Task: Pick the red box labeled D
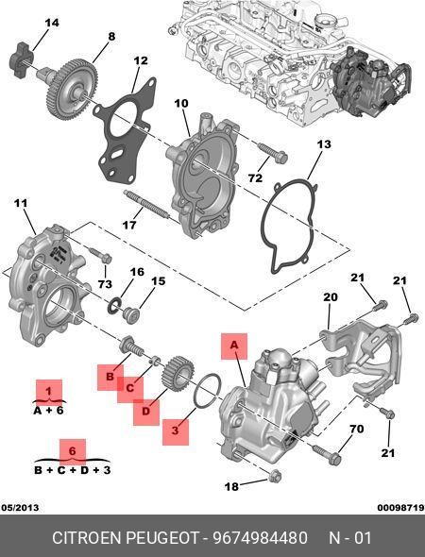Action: tap(146, 411)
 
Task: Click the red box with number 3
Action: tap(175, 431)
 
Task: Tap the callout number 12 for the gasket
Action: tap(140, 61)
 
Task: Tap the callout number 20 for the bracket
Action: tap(330, 297)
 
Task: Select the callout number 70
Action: tap(356, 430)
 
